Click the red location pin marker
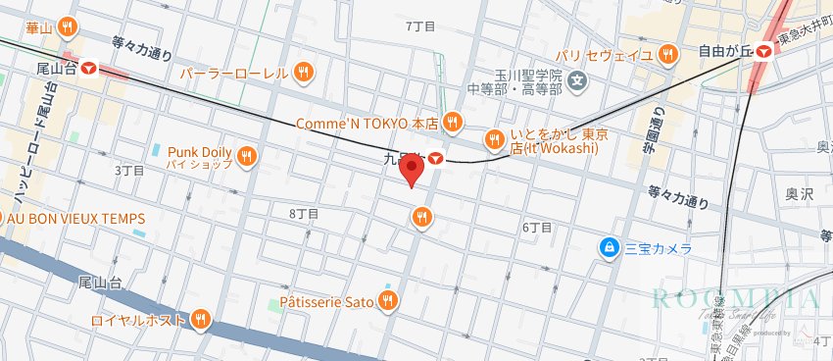413,171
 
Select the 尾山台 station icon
89,69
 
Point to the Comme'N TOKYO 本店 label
367,124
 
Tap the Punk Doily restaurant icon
246,154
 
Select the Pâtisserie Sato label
326,302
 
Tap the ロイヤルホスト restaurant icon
201,318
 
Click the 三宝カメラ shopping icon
610,248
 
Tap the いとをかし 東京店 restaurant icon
494,137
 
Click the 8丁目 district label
304,213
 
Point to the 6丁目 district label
536,227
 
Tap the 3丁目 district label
129,170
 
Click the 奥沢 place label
800,195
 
